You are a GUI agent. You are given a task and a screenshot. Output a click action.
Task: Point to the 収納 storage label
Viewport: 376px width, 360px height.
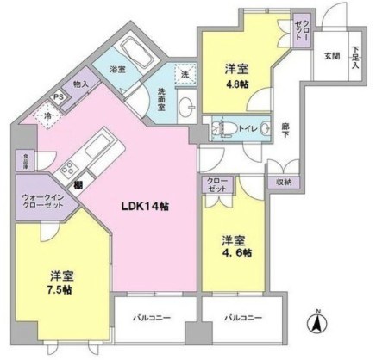[285, 182]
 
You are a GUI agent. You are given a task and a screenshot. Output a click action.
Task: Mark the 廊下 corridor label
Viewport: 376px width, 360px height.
[285, 130]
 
